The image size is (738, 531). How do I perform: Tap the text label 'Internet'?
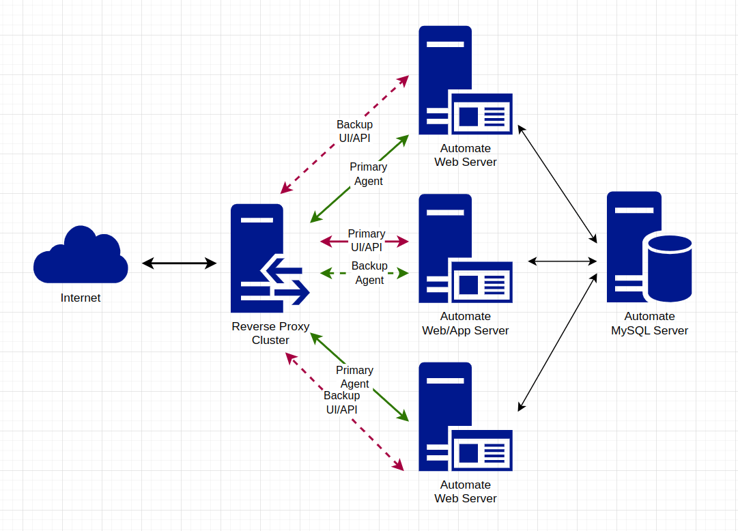pos(81,298)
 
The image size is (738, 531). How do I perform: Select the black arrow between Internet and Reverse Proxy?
pos(179,263)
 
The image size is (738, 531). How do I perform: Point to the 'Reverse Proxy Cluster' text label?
pos(270,333)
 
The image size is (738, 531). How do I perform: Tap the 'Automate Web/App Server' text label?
pos(466,324)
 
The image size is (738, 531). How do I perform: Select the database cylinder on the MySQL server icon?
pos(670,268)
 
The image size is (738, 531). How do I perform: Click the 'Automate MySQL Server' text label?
pos(649,324)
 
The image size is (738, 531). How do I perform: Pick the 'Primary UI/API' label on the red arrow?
pos(367,240)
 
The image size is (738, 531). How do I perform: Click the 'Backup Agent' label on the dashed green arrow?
pos(369,273)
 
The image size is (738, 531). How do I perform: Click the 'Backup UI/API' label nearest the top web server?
pos(354,131)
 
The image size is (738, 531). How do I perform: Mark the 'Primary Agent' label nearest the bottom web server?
pos(354,376)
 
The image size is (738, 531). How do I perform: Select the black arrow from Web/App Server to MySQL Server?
pos(563,261)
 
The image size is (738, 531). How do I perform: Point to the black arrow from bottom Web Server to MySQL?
pos(557,342)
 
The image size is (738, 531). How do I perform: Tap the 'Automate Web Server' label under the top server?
pos(466,155)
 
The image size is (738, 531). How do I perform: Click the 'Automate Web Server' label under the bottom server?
pos(466,491)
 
